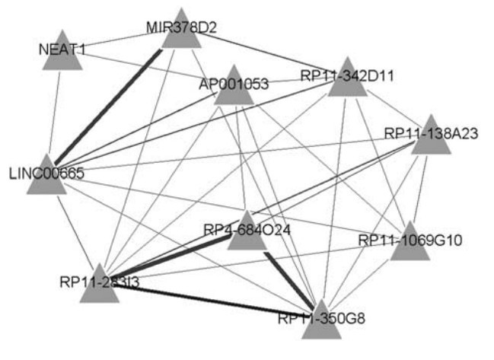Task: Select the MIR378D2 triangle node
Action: pyautogui.click(x=181, y=33)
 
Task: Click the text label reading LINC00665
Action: pyautogui.click(x=46, y=173)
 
